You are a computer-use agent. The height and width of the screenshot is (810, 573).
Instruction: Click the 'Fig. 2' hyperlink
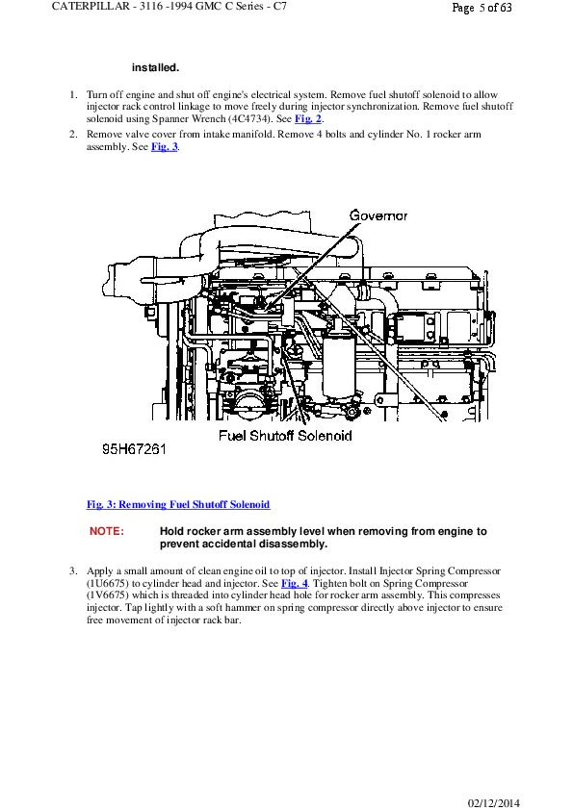click(x=308, y=119)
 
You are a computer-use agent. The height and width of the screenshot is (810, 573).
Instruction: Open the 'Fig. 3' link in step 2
click(x=165, y=147)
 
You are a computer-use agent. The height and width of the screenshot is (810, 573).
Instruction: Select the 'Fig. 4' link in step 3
click(x=295, y=584)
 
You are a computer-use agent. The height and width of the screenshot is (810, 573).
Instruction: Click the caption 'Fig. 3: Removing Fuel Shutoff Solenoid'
click(x=178, y=504)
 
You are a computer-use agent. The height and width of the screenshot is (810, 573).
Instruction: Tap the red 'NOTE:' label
click(x=107, y=531)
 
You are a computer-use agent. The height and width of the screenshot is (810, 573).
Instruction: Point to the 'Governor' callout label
click(x=378, y=215)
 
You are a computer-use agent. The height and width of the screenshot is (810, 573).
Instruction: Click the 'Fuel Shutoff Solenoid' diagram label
click(x=285, y=436)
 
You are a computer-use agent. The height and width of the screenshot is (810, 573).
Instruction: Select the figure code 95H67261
click(x=134, y=449)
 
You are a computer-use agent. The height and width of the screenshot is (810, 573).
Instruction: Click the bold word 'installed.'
click(x=155, y=67)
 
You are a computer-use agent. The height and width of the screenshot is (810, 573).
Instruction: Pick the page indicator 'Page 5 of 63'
click(x=482, y=8)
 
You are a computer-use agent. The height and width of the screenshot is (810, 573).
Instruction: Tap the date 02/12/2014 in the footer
click(x=493, y=802)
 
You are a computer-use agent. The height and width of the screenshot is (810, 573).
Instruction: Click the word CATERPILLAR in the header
click(x=91, y=7)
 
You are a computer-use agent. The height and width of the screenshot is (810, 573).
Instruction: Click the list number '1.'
click(x=74, y=94)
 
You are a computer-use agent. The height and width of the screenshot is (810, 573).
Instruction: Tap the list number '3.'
click(x=74, y=571)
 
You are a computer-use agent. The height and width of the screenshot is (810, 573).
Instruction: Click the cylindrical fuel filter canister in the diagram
click(x=339, y=366)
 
